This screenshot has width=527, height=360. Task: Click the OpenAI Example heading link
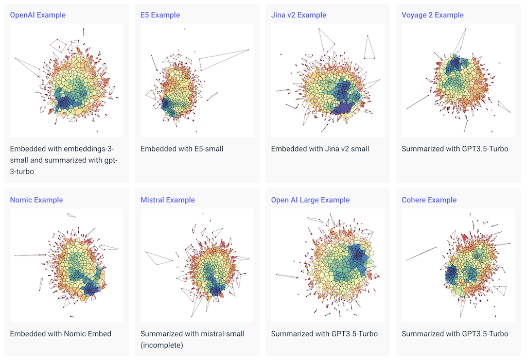(38, 15)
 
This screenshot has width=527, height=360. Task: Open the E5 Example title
(160, 15)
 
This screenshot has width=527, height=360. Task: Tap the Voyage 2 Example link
(432, 15)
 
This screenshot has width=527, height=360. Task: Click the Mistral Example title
(168, 200)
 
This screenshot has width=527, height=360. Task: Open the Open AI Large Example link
(310, 200)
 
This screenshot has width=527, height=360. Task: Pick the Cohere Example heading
(429, 200)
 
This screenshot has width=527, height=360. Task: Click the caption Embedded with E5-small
(182, 149)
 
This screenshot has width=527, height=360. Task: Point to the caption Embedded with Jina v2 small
(320, 149)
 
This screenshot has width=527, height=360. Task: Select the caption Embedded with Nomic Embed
(60, 334)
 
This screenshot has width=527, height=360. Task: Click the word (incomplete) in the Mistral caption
(162, 345)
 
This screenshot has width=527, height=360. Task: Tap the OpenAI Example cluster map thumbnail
(66, 80)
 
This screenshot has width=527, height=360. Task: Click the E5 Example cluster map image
(197, 80)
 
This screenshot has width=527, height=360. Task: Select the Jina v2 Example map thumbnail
(327, 80)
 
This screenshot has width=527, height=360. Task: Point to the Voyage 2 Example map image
(458, 80)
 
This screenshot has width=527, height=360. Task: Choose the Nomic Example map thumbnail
(66, 265)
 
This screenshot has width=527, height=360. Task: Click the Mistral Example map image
(197, 265)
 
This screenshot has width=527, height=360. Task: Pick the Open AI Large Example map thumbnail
(327, 265)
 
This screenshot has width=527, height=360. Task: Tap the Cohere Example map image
(458, 265)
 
